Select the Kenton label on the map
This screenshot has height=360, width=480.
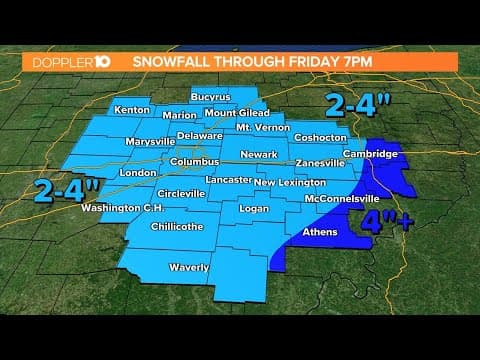pyautogui.click(x=132, y=110)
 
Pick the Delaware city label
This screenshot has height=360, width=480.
pyautogui.click(x=199, y=135)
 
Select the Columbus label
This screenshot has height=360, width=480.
pyautogui.click(x=193, y=161)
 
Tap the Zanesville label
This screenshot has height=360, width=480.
pyautogui.click(x=320, y=163)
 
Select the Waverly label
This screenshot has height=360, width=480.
pyautogui.click(x=189, y=267)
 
